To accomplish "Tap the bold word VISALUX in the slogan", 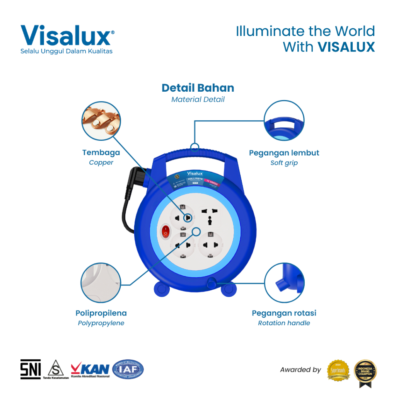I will click(346, 47).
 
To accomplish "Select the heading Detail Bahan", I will click(198, 88).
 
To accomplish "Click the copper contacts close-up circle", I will click(101, 121).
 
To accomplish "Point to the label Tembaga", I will click(101, 152).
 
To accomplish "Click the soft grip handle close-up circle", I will click(284, 121).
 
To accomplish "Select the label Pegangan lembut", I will click(284, 153).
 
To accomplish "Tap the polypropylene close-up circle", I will click(101, 282).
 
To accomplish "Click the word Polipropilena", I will click(101, 313).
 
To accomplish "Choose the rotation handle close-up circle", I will click(284, 282).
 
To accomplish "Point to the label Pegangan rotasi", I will click(284, 313).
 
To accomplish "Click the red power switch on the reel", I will click(166, 232).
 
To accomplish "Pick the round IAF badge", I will click(128, 369).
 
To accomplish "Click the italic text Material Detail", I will click(198, 99).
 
